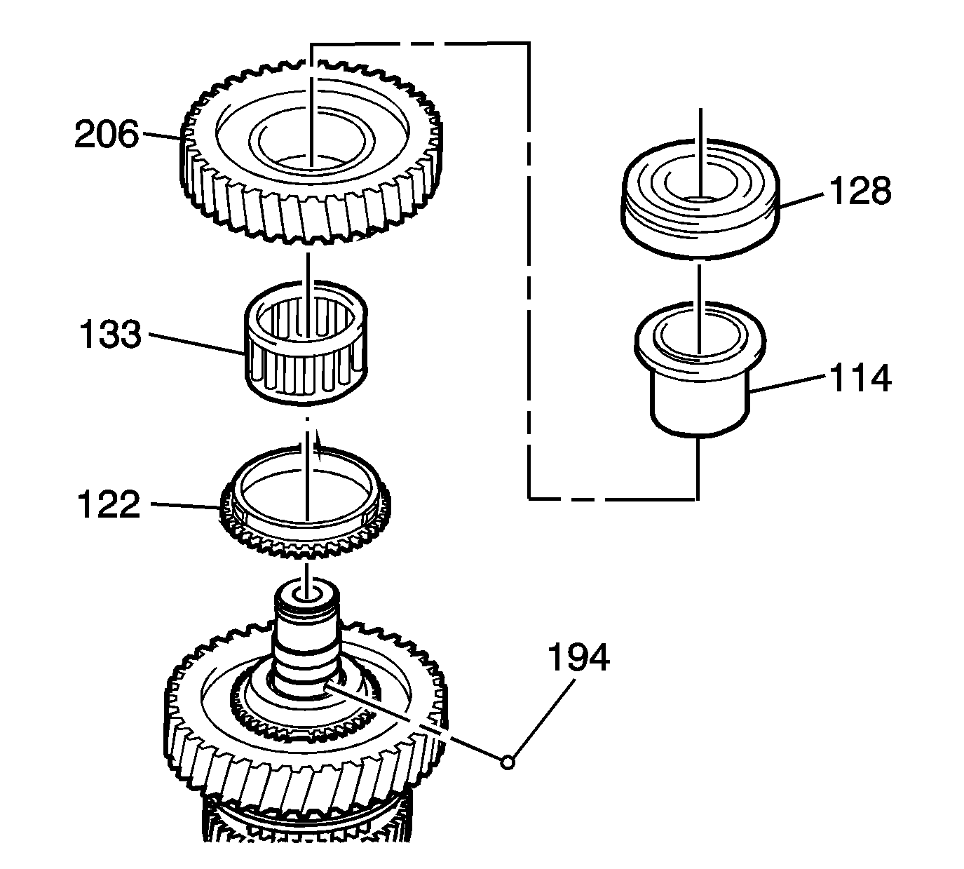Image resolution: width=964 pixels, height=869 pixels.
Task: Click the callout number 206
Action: (x=107, y=135)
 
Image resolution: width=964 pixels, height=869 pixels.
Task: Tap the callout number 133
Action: (x=109, y=335)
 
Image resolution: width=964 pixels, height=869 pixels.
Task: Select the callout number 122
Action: (x=109, y=505)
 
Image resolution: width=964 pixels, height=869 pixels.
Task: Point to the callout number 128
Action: (x=860, y=191)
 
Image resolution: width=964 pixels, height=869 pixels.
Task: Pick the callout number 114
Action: (x=860, y=379)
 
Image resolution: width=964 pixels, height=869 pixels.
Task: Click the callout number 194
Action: (x=578, y=658)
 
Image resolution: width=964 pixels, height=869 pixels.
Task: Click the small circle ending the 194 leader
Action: (x=508, y=762)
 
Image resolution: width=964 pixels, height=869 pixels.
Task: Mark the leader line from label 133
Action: (x=196, y=345)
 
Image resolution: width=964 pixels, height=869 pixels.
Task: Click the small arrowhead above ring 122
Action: (x=318, y=446)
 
